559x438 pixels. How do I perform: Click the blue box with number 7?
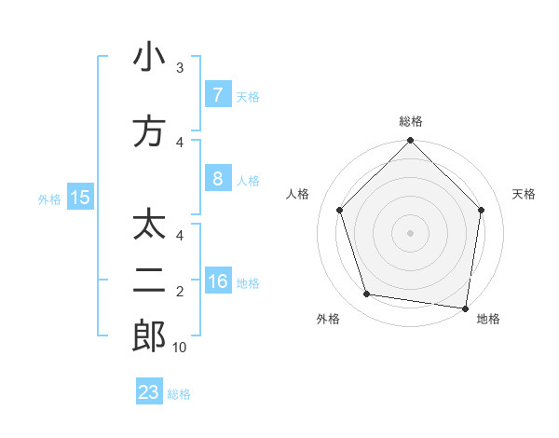tap(217, 95)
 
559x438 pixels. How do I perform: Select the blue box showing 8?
tap(217, 179)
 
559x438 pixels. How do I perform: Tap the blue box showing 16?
tap(217, 281)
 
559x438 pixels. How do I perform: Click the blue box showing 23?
tap(149, 392)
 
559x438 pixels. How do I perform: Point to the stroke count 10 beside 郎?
tap(179, 348)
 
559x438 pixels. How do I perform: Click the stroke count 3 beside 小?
tap(180, 68)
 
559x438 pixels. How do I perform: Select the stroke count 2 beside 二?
tap(180, 292)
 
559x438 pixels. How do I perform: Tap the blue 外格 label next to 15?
tap(49, 198)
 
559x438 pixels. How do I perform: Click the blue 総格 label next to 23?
tap(179, 394)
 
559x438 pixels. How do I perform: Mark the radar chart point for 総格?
tap(410, 142)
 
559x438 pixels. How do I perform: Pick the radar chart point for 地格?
tap(466, 308)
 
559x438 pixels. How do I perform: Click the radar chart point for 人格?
tap(339, 210)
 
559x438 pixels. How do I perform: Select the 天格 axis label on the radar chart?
tap(525, 194)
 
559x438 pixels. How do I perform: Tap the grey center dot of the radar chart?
tap(410, 232)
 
